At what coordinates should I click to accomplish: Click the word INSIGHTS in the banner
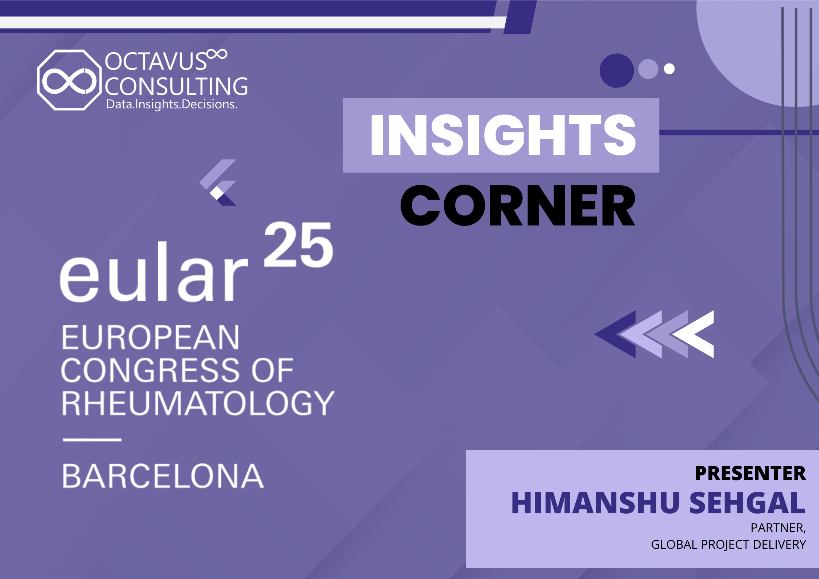coord(503,135)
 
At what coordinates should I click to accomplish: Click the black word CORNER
coord(518,205)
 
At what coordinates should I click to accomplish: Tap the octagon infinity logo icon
coord(69,80)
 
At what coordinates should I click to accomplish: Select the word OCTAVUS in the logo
coord(156,61)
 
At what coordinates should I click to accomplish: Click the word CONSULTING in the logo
coord(177,86)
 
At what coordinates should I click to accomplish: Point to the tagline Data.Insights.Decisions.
coord(172,104)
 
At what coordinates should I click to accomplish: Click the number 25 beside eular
coord(298,244)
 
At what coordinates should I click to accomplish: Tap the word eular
coord(154,272)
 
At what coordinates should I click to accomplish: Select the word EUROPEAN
coord(150,337)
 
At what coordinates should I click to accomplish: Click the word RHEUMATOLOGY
coord(198,403)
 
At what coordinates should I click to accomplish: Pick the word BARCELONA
coord(163,476)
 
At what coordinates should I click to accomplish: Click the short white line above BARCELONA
coord(92,440)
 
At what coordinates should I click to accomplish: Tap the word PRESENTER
coord(750,473)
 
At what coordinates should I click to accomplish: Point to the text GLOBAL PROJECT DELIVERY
coord(729,544)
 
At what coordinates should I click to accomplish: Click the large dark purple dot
coord(617,71)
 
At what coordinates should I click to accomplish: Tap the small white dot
coord(669,69)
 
